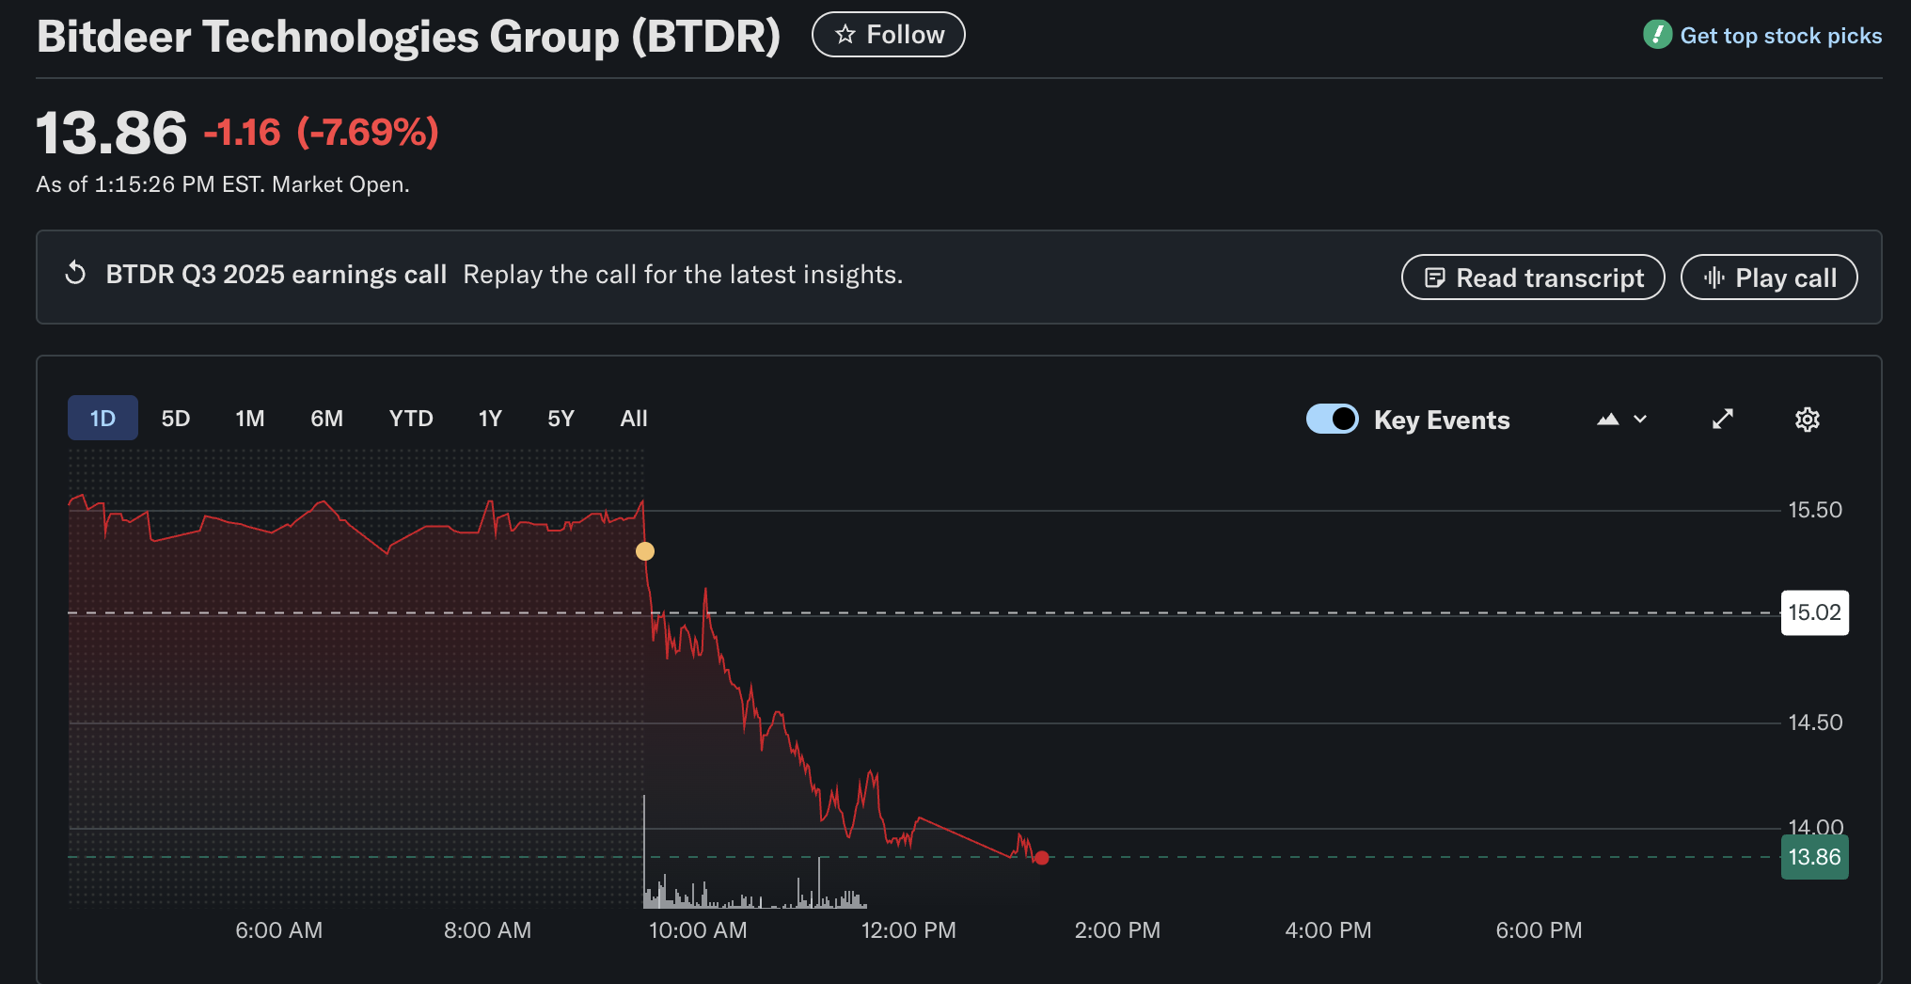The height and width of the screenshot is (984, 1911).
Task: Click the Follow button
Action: [888, 35]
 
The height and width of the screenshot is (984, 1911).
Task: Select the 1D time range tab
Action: [103, 419]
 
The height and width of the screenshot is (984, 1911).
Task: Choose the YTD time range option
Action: [411, 419]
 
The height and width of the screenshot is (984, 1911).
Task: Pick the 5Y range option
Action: [561, 419]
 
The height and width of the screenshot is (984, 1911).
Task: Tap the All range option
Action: [634, 419]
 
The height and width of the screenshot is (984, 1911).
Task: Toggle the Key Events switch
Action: [1332, 419]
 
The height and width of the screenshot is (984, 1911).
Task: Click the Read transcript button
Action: [1533, 278]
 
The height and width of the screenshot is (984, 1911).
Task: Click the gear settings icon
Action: [1807, 420]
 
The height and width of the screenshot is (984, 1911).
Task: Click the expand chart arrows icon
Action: [1722, 420]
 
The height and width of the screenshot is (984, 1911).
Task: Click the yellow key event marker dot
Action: [645, 551]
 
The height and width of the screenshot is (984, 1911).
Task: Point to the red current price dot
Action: [1041, 857]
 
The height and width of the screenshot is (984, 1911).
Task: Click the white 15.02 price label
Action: [1814, 612]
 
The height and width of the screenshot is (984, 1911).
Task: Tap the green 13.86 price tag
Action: [1814, 857]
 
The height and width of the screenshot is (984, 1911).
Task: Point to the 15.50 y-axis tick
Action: [1814, 510]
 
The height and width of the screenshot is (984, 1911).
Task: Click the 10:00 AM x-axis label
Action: [698, 930]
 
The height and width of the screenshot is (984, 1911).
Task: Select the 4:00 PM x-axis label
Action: [1328, 930]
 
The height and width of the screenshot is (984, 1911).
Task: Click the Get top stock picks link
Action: [1779, 36]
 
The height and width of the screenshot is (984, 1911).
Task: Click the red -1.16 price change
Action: [243, 133]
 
